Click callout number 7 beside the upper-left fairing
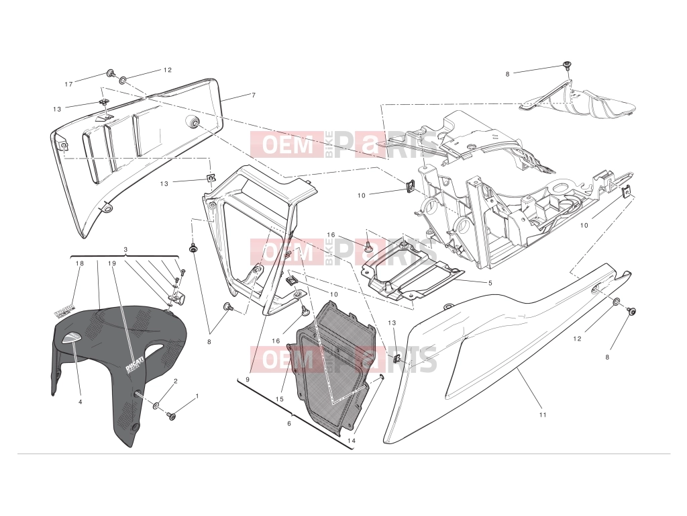coord(253,95)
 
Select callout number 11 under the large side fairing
coord(543,415)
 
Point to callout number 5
coord(490,283)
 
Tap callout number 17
coord(69,84)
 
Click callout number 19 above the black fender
coord(112,263)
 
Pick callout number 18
coord(79,263)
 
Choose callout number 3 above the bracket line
coord(125,250)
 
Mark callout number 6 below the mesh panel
coord(288,423)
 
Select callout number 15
coord(280,399)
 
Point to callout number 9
coord(248,380)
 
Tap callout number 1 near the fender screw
coord(197,396)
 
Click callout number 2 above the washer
coord(176,381)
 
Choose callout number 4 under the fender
coord(81,401)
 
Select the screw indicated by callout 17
coord(111,73)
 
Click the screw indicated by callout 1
coord(171,415)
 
